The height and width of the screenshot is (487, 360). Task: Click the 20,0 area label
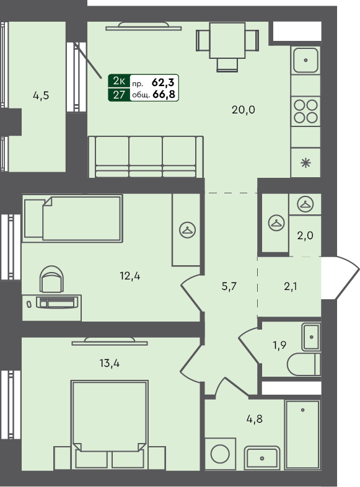pos(244,110)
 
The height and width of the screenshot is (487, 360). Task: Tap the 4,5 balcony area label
pos(41,95)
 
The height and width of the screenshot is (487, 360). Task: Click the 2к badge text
pos(119,81)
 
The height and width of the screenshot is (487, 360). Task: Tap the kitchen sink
pos(305,60)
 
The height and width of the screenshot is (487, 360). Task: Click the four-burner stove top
pos(305,111)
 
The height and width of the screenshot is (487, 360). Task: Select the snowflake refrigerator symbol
pos(305,163)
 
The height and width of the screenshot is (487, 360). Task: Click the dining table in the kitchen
pos(227,41)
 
